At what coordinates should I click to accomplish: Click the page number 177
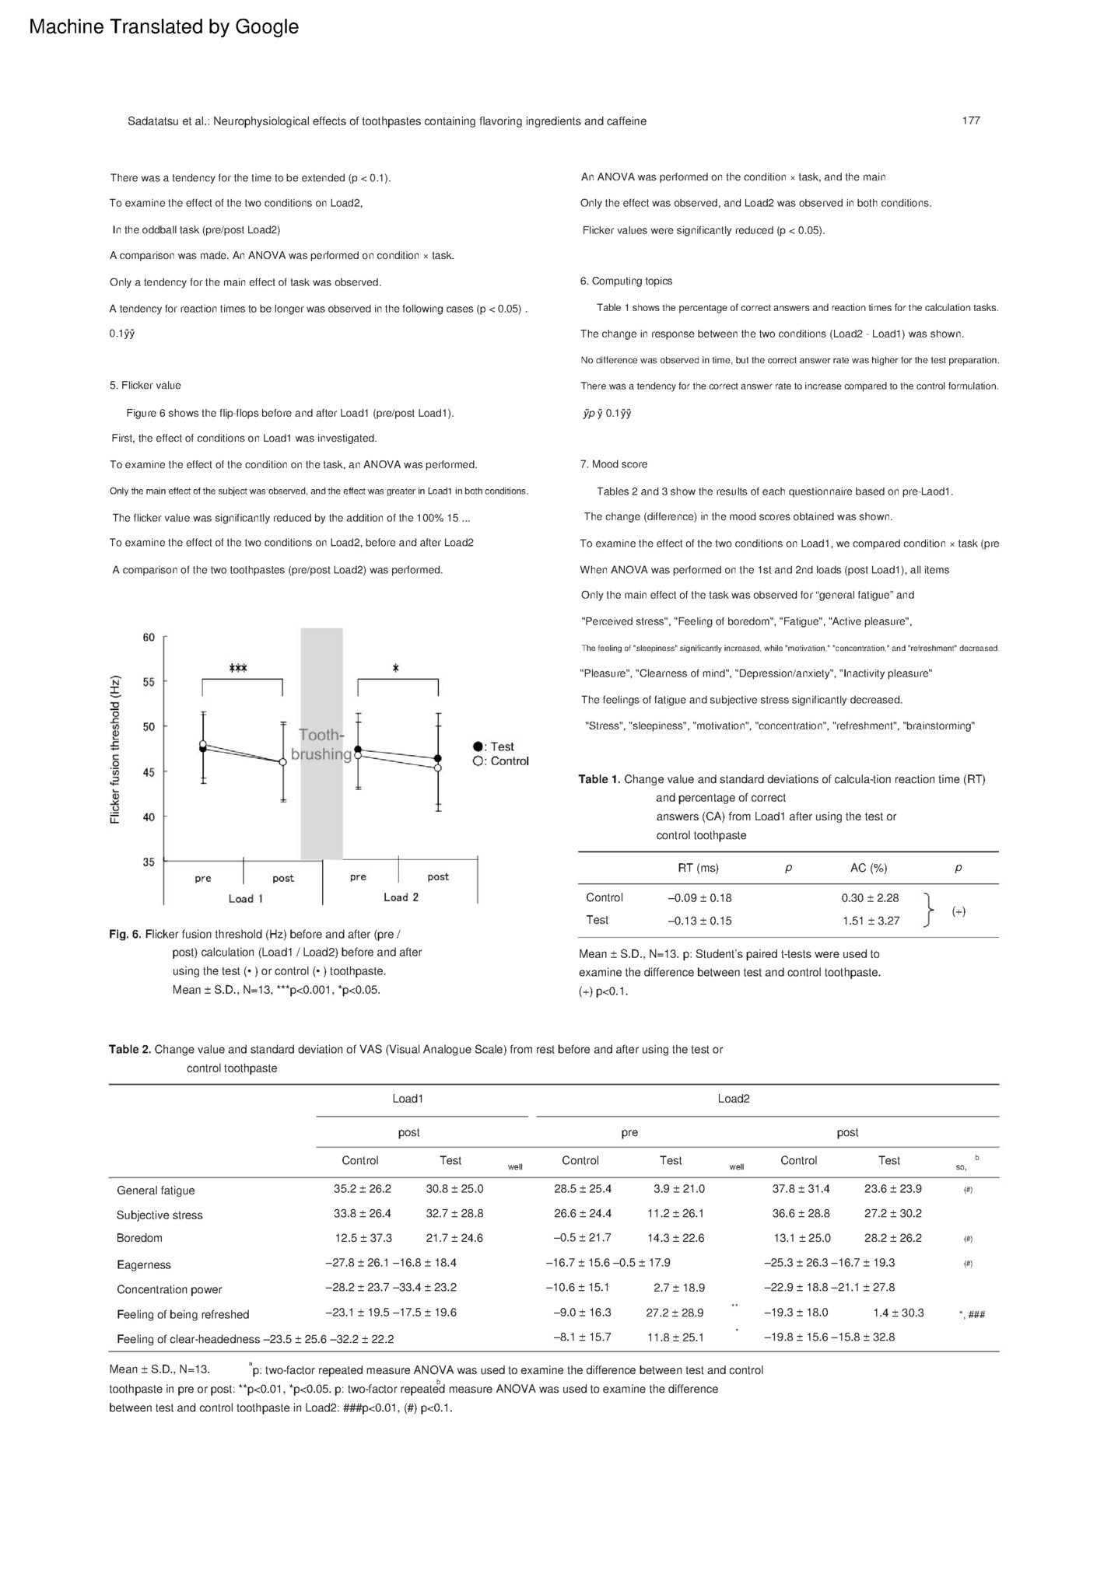pos(970,121)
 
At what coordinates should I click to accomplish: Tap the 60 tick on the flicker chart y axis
pos(149,638)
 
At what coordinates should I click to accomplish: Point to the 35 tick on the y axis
pos(149,862)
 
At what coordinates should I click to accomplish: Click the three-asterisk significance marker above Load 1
pos(238,669)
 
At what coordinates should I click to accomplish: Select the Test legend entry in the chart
pos(495,747)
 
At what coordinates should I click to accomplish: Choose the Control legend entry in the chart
pos(501,761)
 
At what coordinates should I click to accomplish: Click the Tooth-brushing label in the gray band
pos(321,744)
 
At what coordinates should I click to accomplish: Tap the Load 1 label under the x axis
pos(246,899)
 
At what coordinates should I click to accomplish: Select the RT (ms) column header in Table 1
pos(698,868)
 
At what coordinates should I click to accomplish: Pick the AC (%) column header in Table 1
pos(868,868)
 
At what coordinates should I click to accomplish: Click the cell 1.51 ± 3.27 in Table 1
pos(870,921)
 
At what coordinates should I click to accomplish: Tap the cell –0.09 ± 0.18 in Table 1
pos(699,898)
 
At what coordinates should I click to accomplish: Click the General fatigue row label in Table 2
pos(156,1191)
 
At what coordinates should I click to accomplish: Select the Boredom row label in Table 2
pos(139,1238)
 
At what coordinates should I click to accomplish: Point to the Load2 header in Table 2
pos(734,1099)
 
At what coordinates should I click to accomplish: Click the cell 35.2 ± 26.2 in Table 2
pos(362,1189)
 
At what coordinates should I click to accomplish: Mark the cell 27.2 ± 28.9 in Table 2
pos(675,1313)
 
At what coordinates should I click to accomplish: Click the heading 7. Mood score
pos(613,464)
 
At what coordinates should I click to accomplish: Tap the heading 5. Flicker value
pos(145,385)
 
